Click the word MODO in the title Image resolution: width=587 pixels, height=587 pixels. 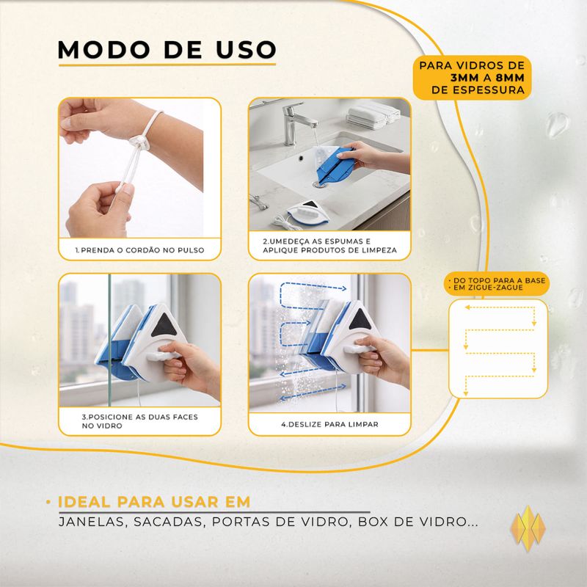(x=104, y=49)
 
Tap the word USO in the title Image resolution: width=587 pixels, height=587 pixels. (x=247, y=49)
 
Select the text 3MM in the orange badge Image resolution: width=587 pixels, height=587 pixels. (x=464, y=78)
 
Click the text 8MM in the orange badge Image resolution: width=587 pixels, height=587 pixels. (x=510, y=78)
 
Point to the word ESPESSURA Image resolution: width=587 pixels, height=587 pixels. (x=489, y=90)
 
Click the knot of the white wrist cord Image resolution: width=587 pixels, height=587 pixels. (x=137, y=142)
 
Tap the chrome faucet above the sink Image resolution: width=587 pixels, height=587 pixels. (x=296, y=123)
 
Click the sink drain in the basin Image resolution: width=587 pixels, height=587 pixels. (x=319, y=184)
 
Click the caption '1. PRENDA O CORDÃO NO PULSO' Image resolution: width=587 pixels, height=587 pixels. (x=139, y=250)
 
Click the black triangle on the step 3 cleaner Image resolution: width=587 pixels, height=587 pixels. (x=164, y=325)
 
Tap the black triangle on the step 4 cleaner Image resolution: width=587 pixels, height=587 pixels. (x=360, y=320)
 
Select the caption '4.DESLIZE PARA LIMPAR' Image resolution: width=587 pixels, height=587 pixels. (x=329, y=425)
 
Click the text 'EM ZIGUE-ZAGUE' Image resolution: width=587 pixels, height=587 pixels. (x=488, y=288)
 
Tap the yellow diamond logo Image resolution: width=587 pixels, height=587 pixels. (x=528, y=528)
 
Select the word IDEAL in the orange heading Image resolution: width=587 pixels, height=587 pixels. (x=84, y=502)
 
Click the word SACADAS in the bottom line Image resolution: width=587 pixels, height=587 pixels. (x=169, y=522)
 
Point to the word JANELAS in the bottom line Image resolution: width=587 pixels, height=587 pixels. (x=91, y=522)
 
